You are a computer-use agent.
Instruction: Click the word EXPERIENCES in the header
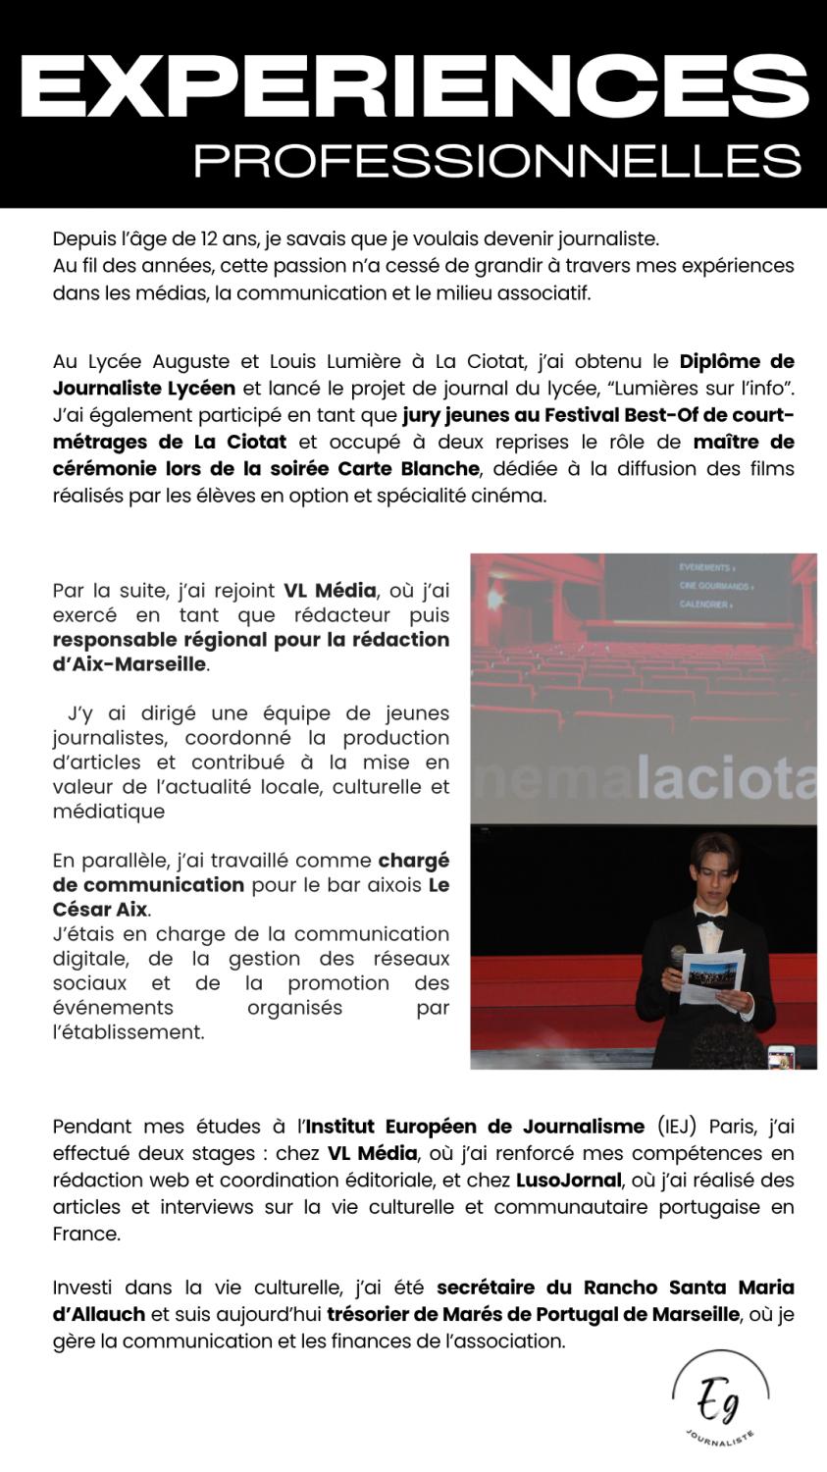tap(413, 85)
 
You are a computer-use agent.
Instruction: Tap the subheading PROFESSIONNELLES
tap(496, 161)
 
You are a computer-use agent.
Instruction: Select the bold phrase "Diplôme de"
tap(736, 361)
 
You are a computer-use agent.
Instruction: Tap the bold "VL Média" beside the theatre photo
tap(330, 591)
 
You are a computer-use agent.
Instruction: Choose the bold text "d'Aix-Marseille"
tap(129, 664)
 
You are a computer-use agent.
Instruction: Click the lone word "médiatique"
tap(109, 812)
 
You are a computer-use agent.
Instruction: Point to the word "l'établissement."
tap(129, 1032)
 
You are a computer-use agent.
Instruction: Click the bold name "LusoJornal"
tap(569, 1181)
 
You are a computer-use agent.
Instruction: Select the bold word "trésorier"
tap(372, 1314)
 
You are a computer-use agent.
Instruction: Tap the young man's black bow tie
tap(709, 921)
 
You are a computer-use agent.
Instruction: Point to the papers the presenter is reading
tap(712, 976)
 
